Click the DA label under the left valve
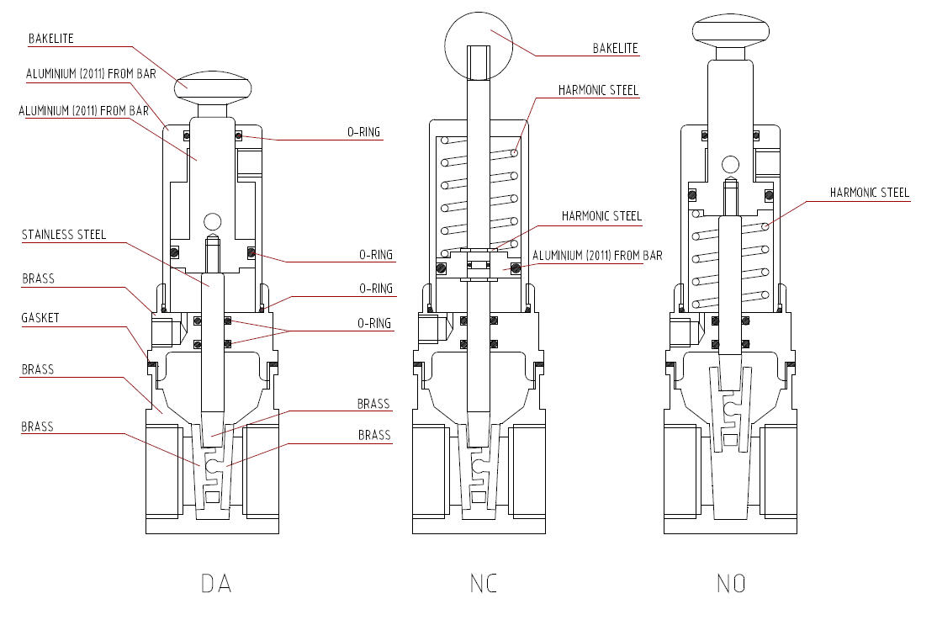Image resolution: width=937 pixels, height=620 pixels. (216, 583)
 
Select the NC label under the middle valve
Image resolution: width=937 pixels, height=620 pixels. (484, 583)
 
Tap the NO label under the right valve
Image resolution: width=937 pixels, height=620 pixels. (730, 583)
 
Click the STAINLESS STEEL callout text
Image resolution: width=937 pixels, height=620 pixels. (64, 235)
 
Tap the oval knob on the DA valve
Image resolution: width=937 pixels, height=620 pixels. (214, 85)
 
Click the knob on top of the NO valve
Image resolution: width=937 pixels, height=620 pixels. (730, 30)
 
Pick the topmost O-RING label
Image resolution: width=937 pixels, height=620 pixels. (364, 131)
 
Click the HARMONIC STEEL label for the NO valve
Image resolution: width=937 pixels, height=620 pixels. (870, 193)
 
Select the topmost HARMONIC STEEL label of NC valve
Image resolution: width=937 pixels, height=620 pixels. (598, 90)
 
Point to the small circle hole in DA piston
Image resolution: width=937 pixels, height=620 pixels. (211, 221)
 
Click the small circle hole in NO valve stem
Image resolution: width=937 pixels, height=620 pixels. (729, 163)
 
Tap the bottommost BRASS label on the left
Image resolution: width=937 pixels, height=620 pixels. (37, 427)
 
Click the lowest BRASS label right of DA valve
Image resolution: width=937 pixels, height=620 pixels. (374, 435)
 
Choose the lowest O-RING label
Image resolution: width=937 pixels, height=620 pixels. (375, 323)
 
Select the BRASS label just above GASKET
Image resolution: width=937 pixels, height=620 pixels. (37, 278)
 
